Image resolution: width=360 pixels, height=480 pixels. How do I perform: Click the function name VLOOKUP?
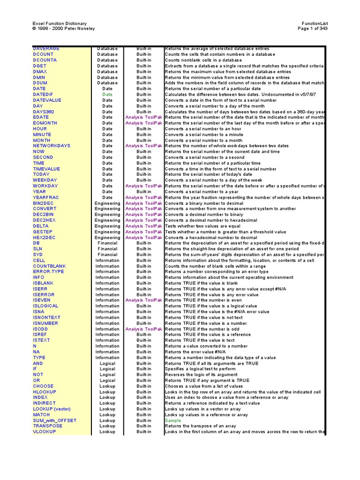tap(44, 432)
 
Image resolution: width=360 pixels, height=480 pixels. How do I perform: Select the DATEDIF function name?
tap(43, 94)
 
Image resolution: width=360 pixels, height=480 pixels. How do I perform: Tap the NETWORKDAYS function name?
tap(52, 146)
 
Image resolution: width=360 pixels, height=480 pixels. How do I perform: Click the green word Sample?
tap(172, 420)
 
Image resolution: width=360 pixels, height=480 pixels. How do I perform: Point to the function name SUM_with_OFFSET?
tap(54, 420)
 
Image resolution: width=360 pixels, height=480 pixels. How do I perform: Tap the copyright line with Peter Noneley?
tap(63, 29)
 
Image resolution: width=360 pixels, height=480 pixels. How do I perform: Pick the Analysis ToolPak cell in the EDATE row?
tap(143, 117)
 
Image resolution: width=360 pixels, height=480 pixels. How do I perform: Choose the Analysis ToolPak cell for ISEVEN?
tap(143, 300)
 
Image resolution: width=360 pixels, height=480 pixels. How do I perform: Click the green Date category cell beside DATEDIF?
tap(107, 94)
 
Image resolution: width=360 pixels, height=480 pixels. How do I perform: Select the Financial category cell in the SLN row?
tap(107, 249)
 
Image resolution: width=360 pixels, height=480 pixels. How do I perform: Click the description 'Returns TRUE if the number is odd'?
tap(202, 329)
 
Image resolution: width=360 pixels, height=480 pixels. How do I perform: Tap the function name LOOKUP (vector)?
tap(52, 409)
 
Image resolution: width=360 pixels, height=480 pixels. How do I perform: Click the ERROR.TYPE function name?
tap(48, 272)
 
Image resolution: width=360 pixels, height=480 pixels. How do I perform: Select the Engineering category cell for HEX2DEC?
tap(107, 238)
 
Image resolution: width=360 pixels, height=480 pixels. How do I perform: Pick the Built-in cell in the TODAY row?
tap(143, 174)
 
